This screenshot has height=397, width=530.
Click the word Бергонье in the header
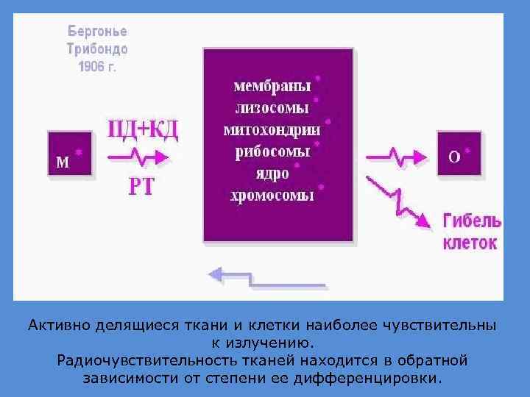[97, 32]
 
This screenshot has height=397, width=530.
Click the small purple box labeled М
[70, 154]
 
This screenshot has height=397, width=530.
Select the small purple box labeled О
[458, 154]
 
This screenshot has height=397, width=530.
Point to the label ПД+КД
[144, 130]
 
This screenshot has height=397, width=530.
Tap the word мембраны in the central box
[272, 86]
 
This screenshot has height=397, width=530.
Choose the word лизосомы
[272, 108]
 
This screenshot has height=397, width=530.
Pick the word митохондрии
[272, 130]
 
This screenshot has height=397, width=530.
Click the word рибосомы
[272, 152]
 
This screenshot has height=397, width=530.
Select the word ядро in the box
[272, 174]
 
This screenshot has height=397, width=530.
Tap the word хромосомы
[272, 196]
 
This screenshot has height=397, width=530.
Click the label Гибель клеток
[471, 232]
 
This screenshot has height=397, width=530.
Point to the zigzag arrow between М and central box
[140, 157]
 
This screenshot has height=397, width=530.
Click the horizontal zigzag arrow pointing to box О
[397, 157]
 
